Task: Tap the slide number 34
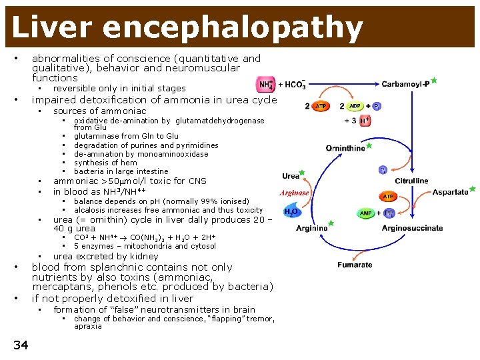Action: [21, 344]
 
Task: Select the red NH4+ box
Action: [265, 85]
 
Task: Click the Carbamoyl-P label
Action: [405, 84]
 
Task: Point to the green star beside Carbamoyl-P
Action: [434, 80]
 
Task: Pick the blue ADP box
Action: [354, 106]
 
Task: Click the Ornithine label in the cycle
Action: [345, 148]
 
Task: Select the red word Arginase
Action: [294, 193]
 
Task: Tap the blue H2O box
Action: [291, 212]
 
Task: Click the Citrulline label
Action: [411, 181]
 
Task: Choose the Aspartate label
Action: [450, 192]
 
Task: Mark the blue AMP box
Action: [366, 213]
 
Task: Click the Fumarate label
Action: [355, 265]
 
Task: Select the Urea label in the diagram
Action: [291, 177]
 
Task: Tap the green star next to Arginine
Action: [331, 223]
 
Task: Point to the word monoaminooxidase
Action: [166, 154]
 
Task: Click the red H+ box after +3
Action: [365, 121]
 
